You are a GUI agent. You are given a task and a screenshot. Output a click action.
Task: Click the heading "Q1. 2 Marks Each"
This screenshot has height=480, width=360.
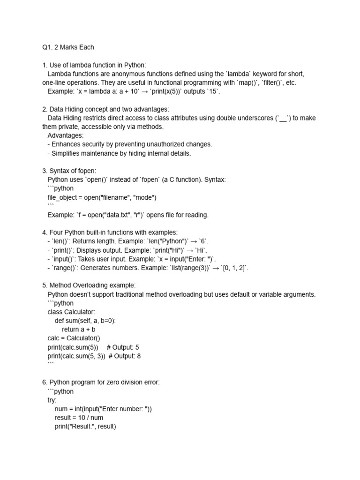(68, 47)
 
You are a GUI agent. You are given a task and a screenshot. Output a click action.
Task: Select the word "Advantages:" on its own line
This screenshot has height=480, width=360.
(66, 135)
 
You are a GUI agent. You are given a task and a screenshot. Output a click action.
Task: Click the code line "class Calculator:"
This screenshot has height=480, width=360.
(71, 312)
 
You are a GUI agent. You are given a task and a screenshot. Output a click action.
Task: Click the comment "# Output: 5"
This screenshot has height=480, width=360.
(123, 347)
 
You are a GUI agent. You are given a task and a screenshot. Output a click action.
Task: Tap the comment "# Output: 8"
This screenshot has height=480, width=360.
(125, 356)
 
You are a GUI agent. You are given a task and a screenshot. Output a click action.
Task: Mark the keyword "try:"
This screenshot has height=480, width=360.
(52, 400)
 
